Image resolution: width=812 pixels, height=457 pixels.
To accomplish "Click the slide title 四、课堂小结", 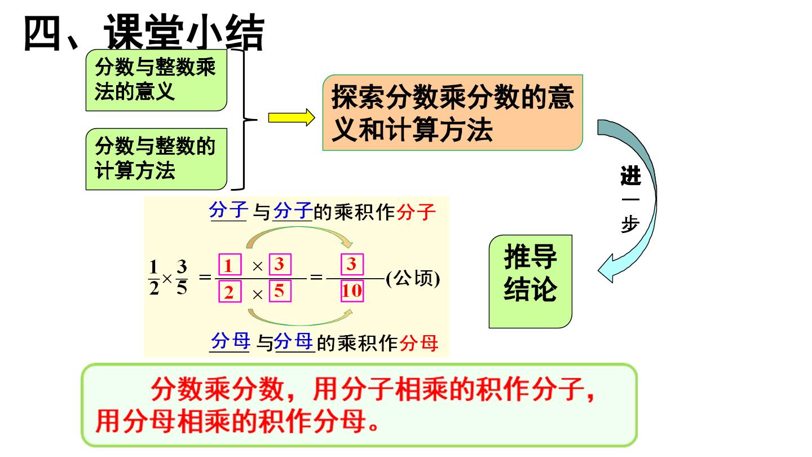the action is [x=144, y=33].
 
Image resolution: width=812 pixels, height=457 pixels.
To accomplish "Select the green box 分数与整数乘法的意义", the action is [x=156, y=80].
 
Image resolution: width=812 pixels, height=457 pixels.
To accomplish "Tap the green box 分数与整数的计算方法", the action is [x=156, y=159].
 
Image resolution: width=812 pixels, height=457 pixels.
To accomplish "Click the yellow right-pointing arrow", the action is [x=292, y=117].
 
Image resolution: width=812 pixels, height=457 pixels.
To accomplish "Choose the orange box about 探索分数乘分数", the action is [x=453, y=112].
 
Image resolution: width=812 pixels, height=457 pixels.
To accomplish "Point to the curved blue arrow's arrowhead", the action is [x=607, y=269].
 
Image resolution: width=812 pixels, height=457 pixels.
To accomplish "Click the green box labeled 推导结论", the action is [x=530, y=282].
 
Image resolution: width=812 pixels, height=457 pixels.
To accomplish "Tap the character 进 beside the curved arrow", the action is [x=631, y=176].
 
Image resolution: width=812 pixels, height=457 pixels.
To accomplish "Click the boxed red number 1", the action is [x=230, y=265].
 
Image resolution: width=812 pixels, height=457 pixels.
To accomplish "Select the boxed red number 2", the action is [x=230, y=291].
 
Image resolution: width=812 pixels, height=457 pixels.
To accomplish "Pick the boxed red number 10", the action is [x=352, y=291].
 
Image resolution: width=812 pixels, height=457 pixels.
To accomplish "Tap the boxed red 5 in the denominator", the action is [x=280, y=291].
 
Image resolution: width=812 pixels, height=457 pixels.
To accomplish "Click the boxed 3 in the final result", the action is [x=352, y=264].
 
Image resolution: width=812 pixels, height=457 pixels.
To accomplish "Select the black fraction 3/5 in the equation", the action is [x=182, y=278].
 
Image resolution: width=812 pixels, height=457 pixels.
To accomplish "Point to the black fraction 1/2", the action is [x=154, y=278].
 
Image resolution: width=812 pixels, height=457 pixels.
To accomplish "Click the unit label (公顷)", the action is [x=413, y=279].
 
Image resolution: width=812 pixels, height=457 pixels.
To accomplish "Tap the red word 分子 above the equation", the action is [x=416, y=212].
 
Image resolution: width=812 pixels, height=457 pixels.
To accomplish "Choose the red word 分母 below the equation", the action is [x=418, y=343].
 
